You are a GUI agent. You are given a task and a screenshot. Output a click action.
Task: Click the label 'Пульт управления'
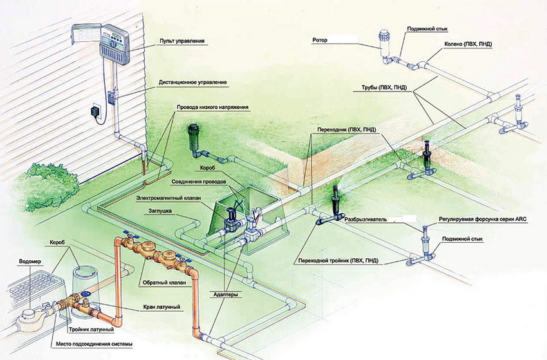point(181,41)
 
